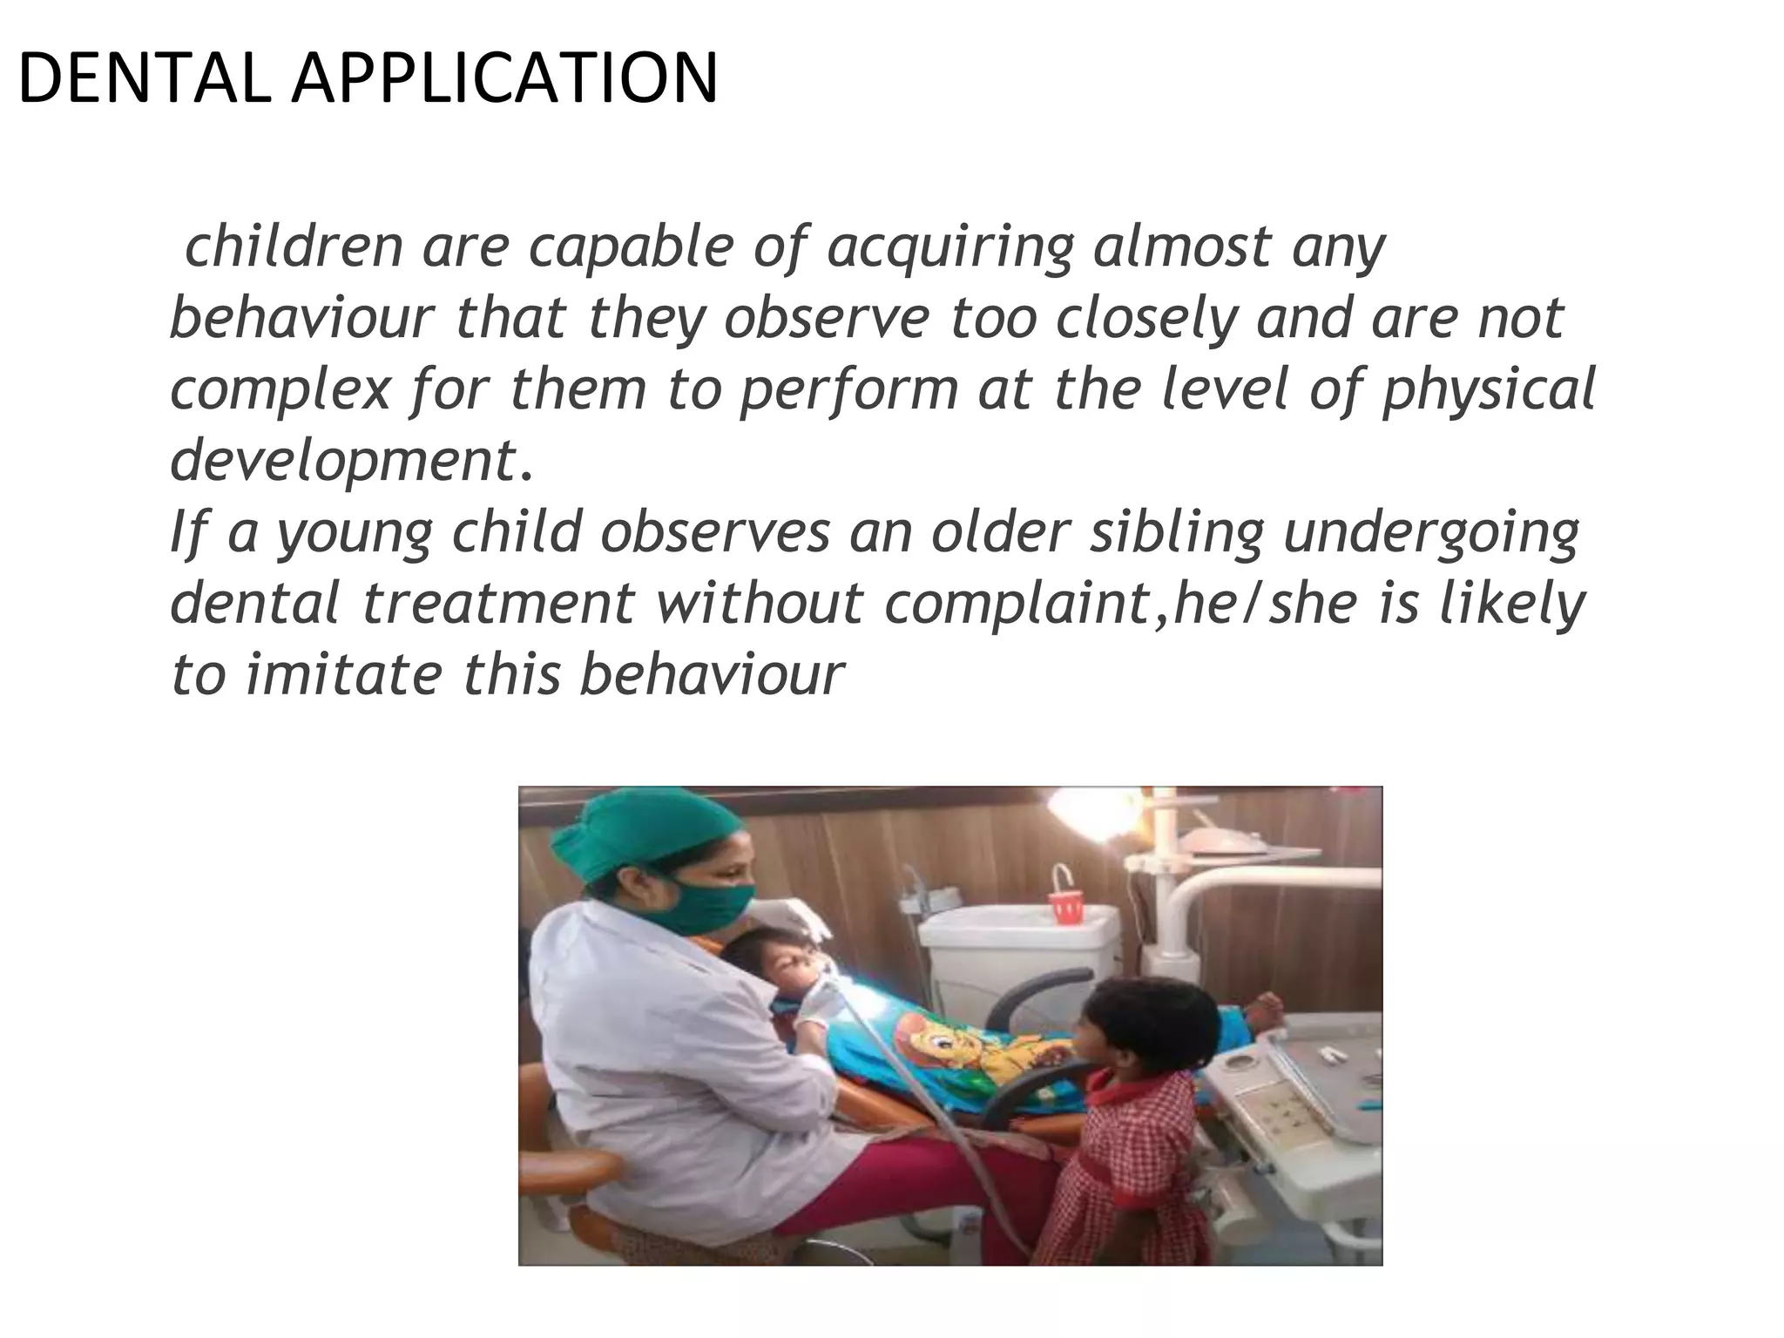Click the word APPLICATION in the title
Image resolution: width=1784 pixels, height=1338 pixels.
click(x=504, y=79)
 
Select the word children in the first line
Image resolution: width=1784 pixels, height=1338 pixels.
click(x=294, y=247)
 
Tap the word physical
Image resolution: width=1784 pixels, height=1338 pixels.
click(x=1489, y=391)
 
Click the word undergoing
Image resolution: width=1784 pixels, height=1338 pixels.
click(x=1432, y=533)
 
